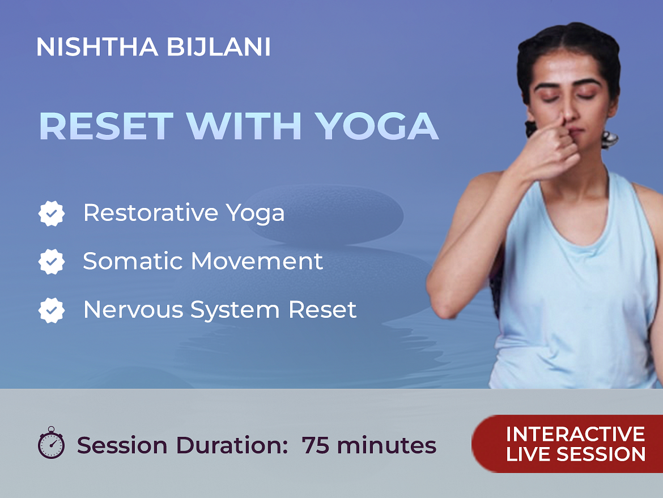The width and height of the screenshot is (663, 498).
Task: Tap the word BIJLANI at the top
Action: point(219,47)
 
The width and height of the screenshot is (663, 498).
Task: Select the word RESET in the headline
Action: point(106,126)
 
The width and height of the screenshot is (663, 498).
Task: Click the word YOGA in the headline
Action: point(377,126)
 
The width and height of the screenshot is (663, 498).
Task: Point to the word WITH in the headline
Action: point(244,126)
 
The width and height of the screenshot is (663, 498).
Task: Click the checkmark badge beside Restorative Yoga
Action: point(52,213)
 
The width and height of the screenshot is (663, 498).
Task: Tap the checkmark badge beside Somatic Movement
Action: point(52,262)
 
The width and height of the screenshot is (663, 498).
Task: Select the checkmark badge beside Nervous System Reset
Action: point(52,310)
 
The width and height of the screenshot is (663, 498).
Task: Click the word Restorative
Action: point(151,212)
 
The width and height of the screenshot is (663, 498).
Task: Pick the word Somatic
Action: point(133,261)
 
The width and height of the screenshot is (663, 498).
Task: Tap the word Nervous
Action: point(133,309)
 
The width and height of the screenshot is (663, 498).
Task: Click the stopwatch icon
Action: point(51,442)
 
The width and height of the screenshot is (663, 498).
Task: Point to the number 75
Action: point(316,445)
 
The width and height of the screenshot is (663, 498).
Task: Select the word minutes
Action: point(386,445)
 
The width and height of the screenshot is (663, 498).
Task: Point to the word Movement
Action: point(257,261)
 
